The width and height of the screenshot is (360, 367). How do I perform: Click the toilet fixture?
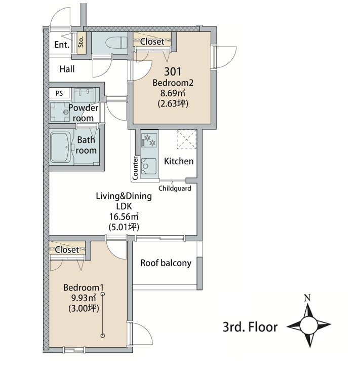[x=116, y=43]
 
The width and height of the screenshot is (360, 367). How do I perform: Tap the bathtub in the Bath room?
[x=61, y=148]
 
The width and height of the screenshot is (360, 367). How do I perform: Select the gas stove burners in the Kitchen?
[x=149, y=140]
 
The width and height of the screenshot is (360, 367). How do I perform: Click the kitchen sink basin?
[x=148, y=166]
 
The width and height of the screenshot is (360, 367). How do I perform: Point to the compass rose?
[x=309, y=325]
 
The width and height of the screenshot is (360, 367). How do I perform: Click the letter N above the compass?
[x=307, y=298]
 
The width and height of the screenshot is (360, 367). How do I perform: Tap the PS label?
[x=59, y=93]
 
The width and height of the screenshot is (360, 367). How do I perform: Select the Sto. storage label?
[x=81, y=42]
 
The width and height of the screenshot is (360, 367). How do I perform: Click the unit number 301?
[x=173, y=71]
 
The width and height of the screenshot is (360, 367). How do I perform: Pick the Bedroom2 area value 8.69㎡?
[x=173, y=93]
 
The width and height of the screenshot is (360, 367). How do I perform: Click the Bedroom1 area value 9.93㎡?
[x=84, y=298]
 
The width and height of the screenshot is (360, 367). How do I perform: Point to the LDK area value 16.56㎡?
[x=124, y=216]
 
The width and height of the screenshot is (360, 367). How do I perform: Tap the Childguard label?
[x=175, y=188]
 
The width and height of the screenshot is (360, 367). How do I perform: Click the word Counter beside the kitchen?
[x=135, y=168]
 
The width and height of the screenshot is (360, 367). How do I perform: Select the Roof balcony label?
[x=166, y=263]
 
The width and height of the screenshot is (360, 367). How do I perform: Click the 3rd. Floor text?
[x=250, y=327]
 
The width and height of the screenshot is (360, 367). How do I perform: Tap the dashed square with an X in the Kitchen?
[x=187, y=139]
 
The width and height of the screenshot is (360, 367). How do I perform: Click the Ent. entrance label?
[x=62, y=45]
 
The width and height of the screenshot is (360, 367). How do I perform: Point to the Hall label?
[x=67, y=69]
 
